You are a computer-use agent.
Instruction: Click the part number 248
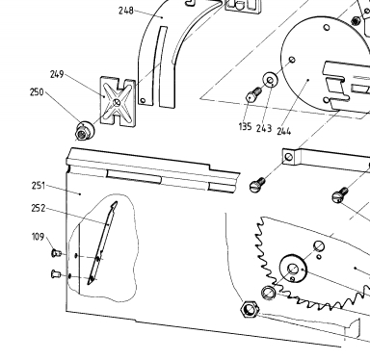126,11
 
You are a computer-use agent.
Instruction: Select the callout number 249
57,74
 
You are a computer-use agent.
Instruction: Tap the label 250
37,92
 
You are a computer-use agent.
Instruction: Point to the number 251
39,186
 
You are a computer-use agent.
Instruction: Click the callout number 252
39,208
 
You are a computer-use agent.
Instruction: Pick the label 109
38,237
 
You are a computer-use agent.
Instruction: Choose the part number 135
245,127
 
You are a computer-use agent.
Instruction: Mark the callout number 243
264,129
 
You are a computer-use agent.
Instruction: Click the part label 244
284,131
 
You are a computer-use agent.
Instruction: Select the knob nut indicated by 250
85,131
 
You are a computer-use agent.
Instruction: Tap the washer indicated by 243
271,80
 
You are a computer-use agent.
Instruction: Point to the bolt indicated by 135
253,94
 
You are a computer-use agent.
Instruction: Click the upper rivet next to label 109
56,253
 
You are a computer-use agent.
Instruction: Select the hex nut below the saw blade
249,309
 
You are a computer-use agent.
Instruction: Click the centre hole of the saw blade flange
293,269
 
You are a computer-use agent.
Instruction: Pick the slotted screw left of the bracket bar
257,185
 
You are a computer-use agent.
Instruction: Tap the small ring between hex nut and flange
268,293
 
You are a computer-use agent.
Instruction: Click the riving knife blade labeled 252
102,243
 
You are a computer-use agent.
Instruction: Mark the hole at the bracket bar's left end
289,157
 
